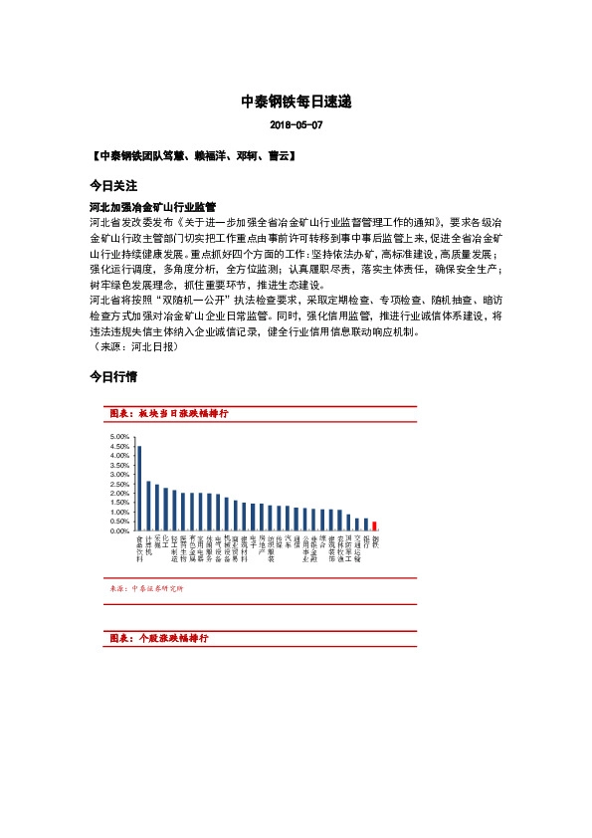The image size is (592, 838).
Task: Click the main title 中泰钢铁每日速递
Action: click(296, 102)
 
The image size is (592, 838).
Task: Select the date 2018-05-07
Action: click(296, 126)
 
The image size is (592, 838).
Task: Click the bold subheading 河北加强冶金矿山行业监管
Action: click(153, 204)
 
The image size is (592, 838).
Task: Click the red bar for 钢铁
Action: click(375, 526)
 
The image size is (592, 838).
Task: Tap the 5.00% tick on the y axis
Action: click(118, 437)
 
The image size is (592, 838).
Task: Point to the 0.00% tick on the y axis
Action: click(118, 531)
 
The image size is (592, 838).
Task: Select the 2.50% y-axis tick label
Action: click(118, 484)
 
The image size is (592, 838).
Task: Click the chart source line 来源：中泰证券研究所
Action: click(145, 588)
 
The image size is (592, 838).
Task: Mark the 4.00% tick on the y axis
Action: click(118, 456)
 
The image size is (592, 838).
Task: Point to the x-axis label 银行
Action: click(366, 542)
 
